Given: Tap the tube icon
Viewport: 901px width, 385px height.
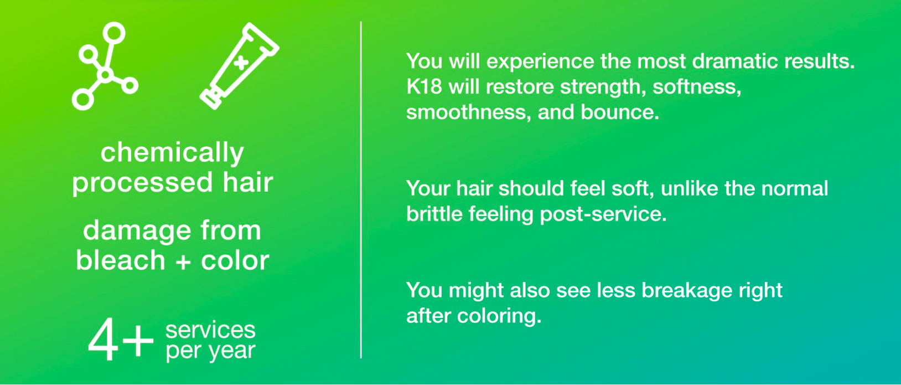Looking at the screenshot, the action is click(x=239, y=65).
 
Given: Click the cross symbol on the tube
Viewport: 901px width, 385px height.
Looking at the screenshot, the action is click(x=241, y=63).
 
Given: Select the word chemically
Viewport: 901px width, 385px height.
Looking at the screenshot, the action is click(x=172, y=153).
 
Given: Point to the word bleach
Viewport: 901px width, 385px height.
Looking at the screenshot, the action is click(x=120, y=260).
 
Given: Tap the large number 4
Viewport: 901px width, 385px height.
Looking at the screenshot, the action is click(x=104, y=340).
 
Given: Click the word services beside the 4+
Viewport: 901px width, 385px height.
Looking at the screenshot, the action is click(x=210, y=330).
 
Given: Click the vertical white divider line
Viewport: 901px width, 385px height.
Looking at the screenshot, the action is click(x=361, y=189).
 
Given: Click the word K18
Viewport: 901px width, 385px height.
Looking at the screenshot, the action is click(x=424, y=86).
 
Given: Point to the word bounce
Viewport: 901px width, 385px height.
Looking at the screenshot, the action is click(x=620, y=112).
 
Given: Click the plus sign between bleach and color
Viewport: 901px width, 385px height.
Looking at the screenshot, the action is click(x=183, y=262).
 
